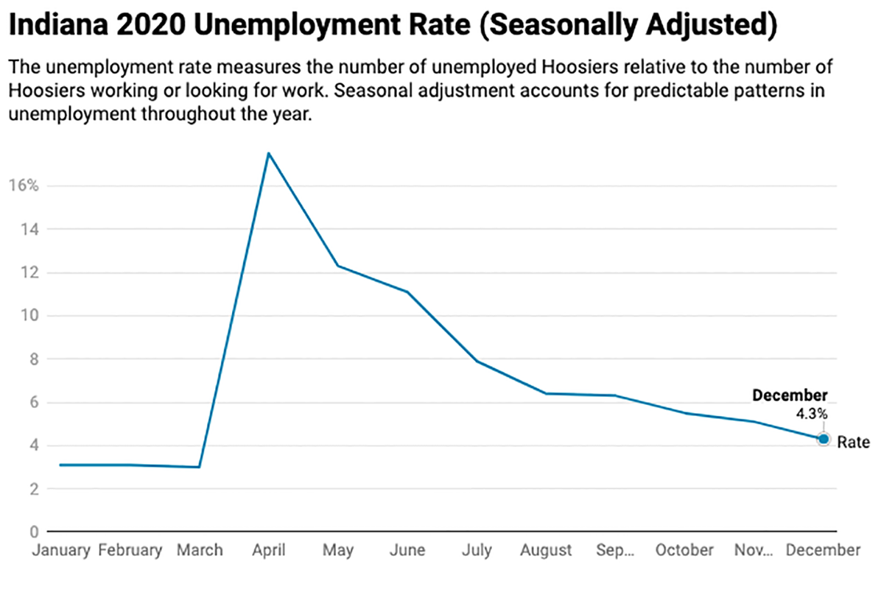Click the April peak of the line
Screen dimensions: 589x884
(x=268, y=152)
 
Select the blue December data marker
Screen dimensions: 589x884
(x=824, y=439)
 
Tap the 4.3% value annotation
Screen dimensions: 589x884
(x=812, y=415)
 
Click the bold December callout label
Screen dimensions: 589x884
(x=790, y=396)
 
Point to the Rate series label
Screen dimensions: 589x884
(x=853, y=442)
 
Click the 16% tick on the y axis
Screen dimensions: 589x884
(x=24, y=186)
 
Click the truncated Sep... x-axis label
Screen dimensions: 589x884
(x=614, y=551)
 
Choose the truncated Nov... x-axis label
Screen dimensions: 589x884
(x=754, y=551)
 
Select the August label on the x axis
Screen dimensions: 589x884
(x=546, y=551)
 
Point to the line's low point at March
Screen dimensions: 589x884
(x=199, y=467)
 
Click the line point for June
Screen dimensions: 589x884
(x=407, y=292)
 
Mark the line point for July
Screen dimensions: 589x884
(x=477, y=361)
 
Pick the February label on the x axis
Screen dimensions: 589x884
(x=130, y=551)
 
